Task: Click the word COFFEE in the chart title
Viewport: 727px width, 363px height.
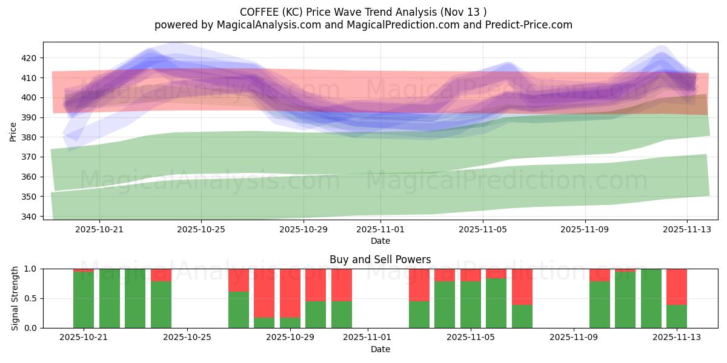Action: point(260,12)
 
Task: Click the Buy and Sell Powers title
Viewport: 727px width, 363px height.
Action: point(380,260)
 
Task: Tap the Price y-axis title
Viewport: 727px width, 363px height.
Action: point(13,131)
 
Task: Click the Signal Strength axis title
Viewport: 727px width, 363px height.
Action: point(15,298)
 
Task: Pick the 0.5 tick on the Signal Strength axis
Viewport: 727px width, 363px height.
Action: point(30,298)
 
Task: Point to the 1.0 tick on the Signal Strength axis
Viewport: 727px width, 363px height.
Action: point(30,269)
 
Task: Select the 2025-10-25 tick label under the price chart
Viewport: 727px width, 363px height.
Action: point(201,229)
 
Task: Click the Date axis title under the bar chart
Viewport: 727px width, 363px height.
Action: point(380,349)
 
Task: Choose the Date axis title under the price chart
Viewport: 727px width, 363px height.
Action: point(380,241)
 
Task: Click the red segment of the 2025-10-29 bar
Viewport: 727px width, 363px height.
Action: point(290,293)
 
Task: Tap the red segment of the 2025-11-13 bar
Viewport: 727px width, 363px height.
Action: point(676,287)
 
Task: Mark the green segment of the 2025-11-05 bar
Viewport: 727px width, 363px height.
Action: point(471,304)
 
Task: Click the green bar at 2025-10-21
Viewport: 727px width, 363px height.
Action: point(84,300)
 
